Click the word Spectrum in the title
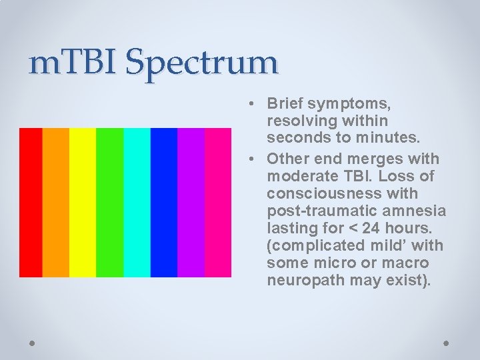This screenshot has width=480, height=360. (x=201, y=63)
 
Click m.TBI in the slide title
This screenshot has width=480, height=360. (x=73, y=62)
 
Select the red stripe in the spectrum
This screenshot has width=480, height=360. (x=31, y=202)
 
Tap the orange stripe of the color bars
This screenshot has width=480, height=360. (x=56, y=202)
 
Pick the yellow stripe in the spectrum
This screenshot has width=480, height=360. (x=83, y=202)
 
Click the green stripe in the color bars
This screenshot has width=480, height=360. (x=110, y=202)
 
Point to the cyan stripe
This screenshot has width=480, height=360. (x=137, y=202)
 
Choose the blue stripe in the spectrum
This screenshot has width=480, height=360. (x=164, y=202)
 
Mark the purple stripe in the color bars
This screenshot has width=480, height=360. (x=191, y=202)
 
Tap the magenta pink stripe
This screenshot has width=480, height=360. (x=217, y=202)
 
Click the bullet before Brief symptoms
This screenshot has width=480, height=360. (x=247, y=104)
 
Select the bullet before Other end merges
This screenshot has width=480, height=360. (x=247, y=159)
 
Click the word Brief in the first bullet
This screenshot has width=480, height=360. (x=286, y=103)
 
